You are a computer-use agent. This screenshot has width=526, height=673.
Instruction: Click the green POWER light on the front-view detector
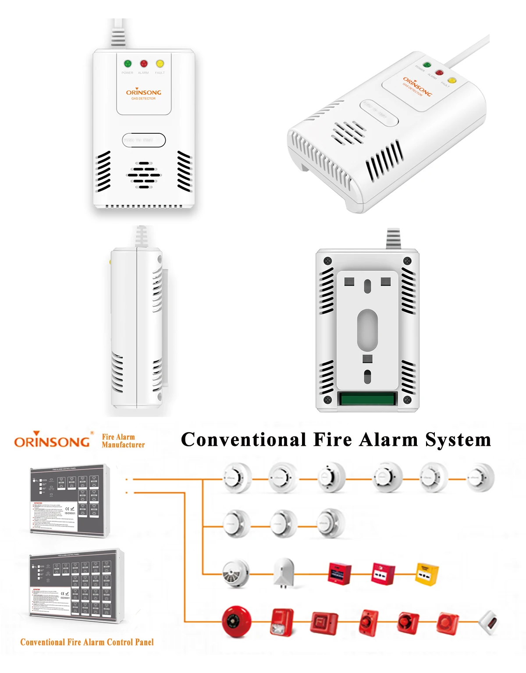click(128, 64)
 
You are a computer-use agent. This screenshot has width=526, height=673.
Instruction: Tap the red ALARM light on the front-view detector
click(144, 64)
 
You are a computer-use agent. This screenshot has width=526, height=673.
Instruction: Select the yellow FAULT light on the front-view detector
click(160, 64)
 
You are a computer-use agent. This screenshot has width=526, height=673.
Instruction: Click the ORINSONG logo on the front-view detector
click(144, 92)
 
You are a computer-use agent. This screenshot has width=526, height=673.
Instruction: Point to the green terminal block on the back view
click(367, 399)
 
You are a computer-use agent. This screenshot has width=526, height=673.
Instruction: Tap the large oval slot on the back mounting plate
click(367, 329)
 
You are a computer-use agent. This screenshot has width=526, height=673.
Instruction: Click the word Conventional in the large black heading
click(244, 440)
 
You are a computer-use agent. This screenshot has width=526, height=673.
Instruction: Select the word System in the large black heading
click(458, 440)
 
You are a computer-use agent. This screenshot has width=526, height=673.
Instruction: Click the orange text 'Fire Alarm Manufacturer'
click(123, 441)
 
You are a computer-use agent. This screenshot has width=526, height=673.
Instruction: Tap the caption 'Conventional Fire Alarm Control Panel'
click(87, 642)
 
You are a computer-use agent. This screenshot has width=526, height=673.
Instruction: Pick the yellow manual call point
click(426, 574)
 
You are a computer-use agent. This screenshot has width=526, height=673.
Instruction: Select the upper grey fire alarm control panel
click(69, 500)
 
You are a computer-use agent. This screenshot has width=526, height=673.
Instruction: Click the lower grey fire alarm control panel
click(76, 585)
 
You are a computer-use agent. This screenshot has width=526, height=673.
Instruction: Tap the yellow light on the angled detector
click(451, 80)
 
